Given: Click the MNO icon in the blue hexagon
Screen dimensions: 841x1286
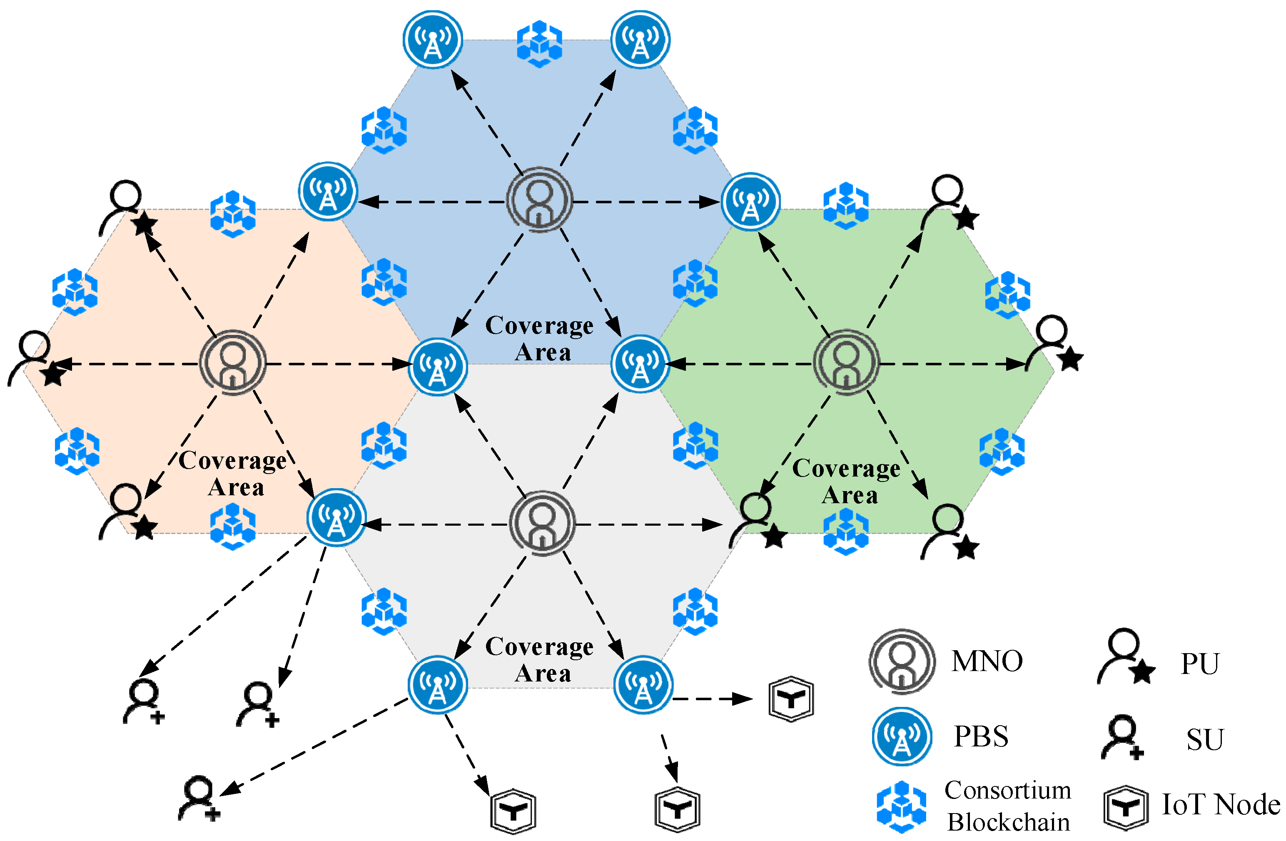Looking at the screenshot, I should (x=539, y=200).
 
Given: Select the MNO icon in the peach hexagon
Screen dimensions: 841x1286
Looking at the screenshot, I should (x=233, y=363).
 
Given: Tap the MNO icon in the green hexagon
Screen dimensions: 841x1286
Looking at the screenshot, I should (x=846, y=361).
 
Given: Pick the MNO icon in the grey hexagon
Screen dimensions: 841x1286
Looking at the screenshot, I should (x=543, y=523).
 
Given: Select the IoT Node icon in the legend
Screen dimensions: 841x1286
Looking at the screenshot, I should (x=1126, y=808).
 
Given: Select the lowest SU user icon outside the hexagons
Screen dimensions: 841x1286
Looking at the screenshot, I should (x=199, y=799).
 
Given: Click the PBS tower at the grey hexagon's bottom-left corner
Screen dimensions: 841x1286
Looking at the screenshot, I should (x=437, y=685).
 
